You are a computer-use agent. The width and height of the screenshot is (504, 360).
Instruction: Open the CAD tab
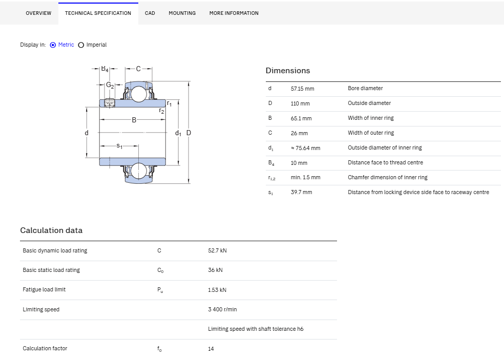(150, 13)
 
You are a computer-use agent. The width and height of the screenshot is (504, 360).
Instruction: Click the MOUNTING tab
(182, 13)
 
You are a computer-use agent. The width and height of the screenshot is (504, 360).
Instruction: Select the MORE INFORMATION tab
(234, 13)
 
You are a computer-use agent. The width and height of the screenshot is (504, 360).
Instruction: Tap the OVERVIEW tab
(38, 13)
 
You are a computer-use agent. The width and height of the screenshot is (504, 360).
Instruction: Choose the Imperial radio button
(81, 45)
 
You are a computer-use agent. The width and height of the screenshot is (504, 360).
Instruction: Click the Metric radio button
(53, 45)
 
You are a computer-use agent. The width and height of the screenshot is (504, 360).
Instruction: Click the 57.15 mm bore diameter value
(303, 89)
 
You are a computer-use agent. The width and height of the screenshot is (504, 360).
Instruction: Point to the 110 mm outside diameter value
(300, 103)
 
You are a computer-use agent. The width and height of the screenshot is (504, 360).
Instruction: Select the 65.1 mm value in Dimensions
(301, 118)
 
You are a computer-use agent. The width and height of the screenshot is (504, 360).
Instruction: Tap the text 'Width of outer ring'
(371, 133)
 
